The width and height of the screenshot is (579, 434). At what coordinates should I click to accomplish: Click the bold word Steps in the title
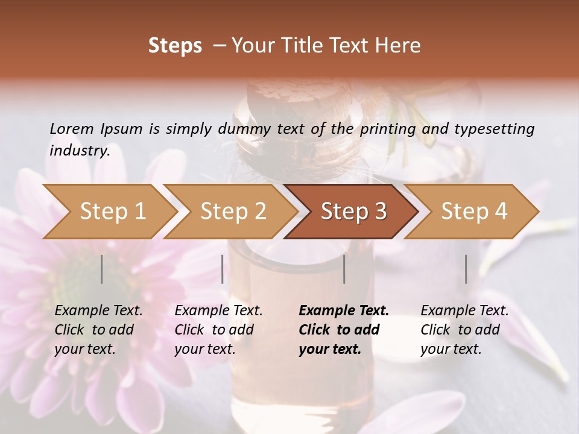pos(175,46)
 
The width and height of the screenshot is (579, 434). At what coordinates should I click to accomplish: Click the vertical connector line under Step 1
pos(102,269)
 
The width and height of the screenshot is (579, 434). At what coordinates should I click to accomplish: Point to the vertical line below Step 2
pos(223,269)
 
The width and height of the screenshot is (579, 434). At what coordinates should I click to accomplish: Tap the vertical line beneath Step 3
pos(344,269)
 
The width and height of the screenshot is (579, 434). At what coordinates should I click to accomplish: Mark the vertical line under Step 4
pos(466,269)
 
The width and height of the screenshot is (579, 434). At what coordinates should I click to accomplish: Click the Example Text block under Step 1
pos(98,330)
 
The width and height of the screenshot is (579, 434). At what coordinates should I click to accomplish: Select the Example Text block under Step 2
pos(218,330)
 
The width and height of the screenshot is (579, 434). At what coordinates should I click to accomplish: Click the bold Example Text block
pos(343,330)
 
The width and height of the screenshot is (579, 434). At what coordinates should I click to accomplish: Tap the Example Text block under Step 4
pos(464,330)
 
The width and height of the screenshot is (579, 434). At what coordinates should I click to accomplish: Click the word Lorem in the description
pos(72,129)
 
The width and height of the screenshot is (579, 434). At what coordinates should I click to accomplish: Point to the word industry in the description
pos(80,151)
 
